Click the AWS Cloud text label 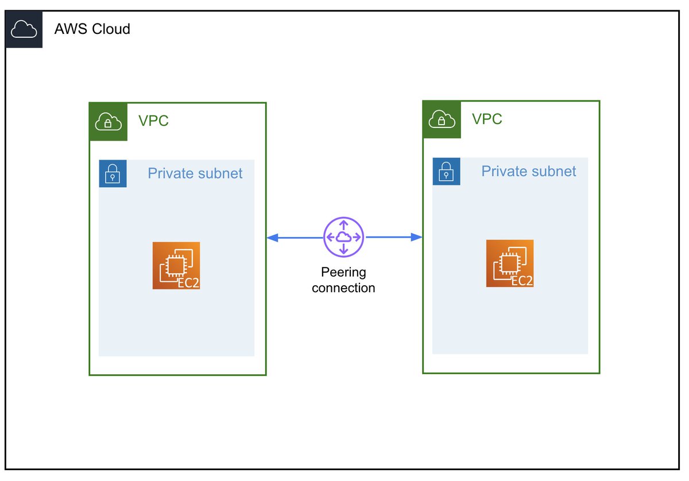pyautogui.click(x=92, y=29)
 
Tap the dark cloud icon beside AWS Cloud pyautogui.click(x=24, y=29)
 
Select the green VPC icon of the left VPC pyautogui.click(x=108, y=122)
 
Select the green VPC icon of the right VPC pyautogui.click(x=442, y=120)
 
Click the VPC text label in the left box pyautogui.click(x=153, y=121)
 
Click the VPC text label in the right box pyautogui.click(x=487, y=119)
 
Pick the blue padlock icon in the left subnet pyautogui.click(x=113, y=173)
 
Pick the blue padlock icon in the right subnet pyautogui.click(x=446, y=172)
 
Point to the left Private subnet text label pyautogui.click(x=195, y=173)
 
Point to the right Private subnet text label pyautogui.click(x=528, y=172)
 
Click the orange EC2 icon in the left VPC pyautogui.click(x=176, y=265)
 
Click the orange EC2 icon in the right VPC pyautogui.click(x=510, y=263)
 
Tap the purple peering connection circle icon pyautogui.click(x=343, y=237)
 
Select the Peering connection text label pyautogui.click(x=343, y=280)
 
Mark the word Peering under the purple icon pyautogui.click(x=343, y=273)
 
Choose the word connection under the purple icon pyautogui.click(x=343, y=288)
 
